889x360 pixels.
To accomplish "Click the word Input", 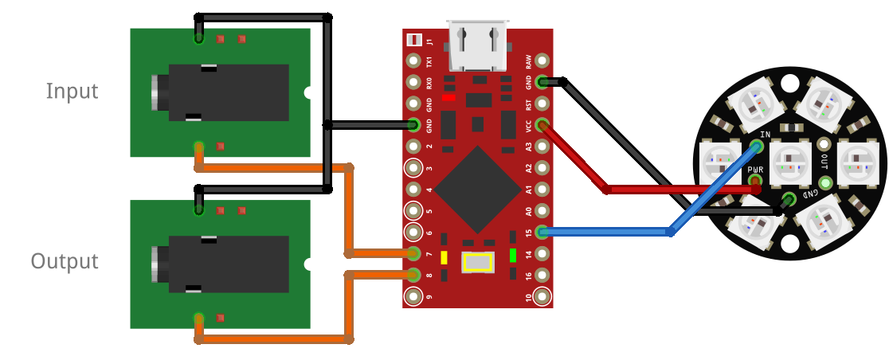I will (x=72, y=91).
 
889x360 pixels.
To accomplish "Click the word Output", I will (x=65, y=261).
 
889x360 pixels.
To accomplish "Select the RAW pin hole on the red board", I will (x=542, y=61).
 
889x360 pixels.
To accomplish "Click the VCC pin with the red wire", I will (x=542, y=125).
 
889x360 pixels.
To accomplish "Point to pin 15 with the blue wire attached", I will (x=542, y=233).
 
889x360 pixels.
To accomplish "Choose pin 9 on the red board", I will (x=413, y=297).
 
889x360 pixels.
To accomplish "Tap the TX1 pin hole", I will (x=413, y=61).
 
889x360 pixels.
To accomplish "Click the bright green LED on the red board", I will (x=513, y=256).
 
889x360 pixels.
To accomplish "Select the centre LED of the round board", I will (x=790, y=162).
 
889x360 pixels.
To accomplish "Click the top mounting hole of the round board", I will (x=790, y=83).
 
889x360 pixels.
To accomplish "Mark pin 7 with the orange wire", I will (x=413, y=254).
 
